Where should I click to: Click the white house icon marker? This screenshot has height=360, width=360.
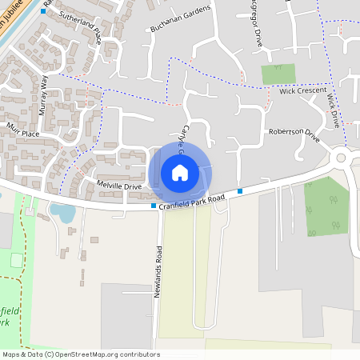click(x=179, y=172)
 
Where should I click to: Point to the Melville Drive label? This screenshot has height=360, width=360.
click(x=118, y=186)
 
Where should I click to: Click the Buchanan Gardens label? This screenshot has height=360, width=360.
click(x=181, y=19)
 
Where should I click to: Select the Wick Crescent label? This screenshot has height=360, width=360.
click(x=298, y=92)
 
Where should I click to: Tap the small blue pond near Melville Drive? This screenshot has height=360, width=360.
click(x=62, y=212)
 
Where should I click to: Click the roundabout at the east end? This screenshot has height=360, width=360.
click(x=341, y=158)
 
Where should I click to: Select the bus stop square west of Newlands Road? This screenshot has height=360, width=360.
click(x=154, y=206)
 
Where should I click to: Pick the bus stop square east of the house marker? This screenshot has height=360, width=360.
click(x=239, y=191)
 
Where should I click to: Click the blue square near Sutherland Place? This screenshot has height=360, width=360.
click(x=43, y=11)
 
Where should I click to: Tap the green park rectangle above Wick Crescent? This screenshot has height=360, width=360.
click(x=278, y=74)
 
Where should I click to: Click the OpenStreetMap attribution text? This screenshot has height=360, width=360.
click(x=80, y=354)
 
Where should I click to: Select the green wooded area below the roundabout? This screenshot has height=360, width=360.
click(x=326, y=206)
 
